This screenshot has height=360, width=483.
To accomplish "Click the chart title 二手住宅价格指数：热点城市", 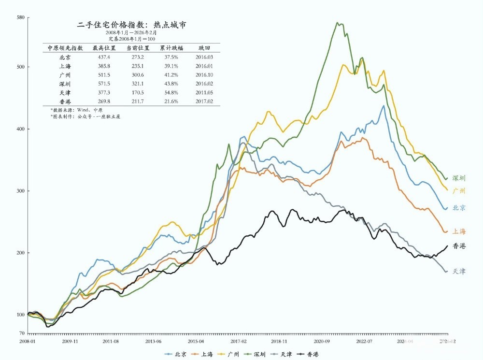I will pyautogui.click(x=132, y=24).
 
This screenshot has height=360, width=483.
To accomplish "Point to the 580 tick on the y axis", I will pyautogui.click(x=20, y=18).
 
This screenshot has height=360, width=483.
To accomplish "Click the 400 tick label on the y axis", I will pyautogui.click(x=20, y=129).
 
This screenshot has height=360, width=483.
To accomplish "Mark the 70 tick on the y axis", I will pyautogui.click(x=22, y=333).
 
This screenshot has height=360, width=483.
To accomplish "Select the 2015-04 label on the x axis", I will pyautogui.click(x=196, y=341).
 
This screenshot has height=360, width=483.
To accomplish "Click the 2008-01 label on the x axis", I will pyautogui.click(x=28, y=341).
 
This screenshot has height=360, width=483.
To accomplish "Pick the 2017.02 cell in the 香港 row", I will pyautogui.click(x=205, y=101).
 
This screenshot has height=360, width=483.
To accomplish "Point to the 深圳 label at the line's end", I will pyautogui.click(x=459, y=178).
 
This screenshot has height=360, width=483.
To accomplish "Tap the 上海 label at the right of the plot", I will pyautogui.click(x=459, y=231).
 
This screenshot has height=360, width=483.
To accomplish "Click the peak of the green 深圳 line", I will pyautogui.click(x=338, y=22).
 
